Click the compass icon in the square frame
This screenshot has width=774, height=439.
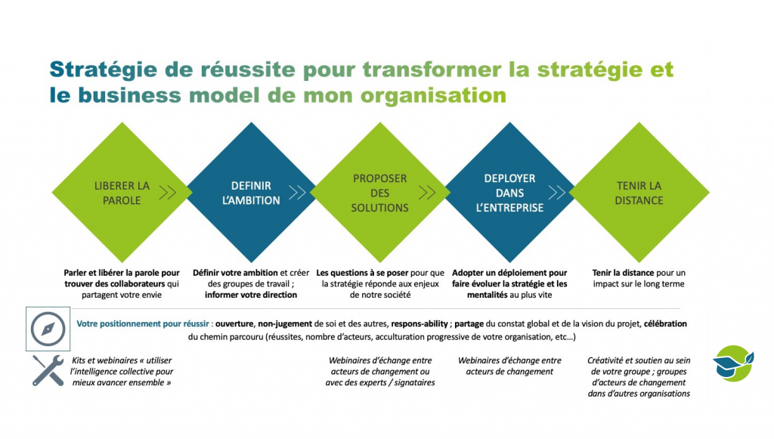point(48,329)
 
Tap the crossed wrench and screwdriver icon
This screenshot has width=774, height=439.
point(48,370)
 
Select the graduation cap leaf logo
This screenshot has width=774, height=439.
point(734,363)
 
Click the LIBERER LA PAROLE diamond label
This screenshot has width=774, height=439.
point(122,193)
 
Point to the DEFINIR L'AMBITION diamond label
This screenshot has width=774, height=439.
point(251,193)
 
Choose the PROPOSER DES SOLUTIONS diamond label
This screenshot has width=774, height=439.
point(380,193)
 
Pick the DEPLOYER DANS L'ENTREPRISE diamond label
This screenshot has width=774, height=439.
point(510,193)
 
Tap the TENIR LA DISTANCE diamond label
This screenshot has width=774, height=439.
point(639,193)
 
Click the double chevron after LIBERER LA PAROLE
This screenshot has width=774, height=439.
point(168,193)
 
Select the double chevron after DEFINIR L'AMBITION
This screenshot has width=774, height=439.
point(297,193)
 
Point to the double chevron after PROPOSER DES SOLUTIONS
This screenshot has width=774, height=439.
point(427,193)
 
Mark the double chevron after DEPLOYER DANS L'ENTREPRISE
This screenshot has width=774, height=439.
point(557,193)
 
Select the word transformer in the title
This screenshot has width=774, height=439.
point(432,70)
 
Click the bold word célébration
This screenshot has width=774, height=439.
point(665,323)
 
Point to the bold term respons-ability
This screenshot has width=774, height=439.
point(420,324)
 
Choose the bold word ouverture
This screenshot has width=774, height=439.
point(235,324)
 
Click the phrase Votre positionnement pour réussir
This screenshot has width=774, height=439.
point(143,324)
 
